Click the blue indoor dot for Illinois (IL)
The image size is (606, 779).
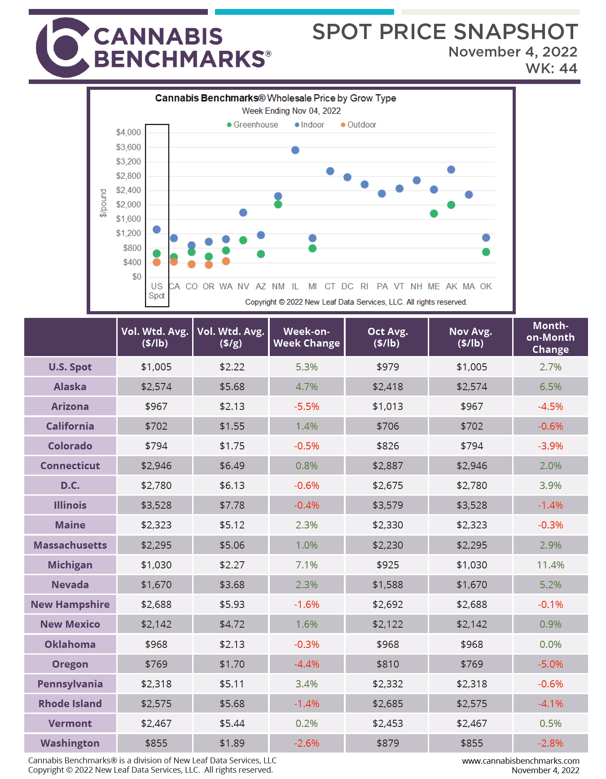pos(295,150)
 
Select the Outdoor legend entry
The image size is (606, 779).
pos(358,125)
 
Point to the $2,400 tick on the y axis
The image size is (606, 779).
pos(128,190)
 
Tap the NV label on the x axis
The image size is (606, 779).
pos(243,286)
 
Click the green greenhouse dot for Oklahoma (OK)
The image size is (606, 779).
pos(486,252)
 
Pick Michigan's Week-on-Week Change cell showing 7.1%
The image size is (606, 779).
pos(307,565)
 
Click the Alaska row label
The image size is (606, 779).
pos(70,387)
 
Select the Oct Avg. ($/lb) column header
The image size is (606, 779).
pos(388,337)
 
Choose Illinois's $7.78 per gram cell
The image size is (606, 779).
pos(232,505)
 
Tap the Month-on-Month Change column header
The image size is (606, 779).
pos(550,337)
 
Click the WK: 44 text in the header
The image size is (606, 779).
pos(551,68)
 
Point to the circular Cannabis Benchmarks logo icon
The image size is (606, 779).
pos(63,47)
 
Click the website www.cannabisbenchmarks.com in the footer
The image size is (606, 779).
pos(521,761)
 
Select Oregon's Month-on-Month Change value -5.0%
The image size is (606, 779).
pos(550,664)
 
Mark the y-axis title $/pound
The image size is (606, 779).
pos(103,203)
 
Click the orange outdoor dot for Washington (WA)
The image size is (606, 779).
pos(226,261)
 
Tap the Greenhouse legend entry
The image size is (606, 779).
pos(252,125)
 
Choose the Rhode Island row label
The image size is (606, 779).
pos(70,704)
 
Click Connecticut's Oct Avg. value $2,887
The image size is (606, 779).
pos(388,466)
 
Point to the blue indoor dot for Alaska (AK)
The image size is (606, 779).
pos(451,170)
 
